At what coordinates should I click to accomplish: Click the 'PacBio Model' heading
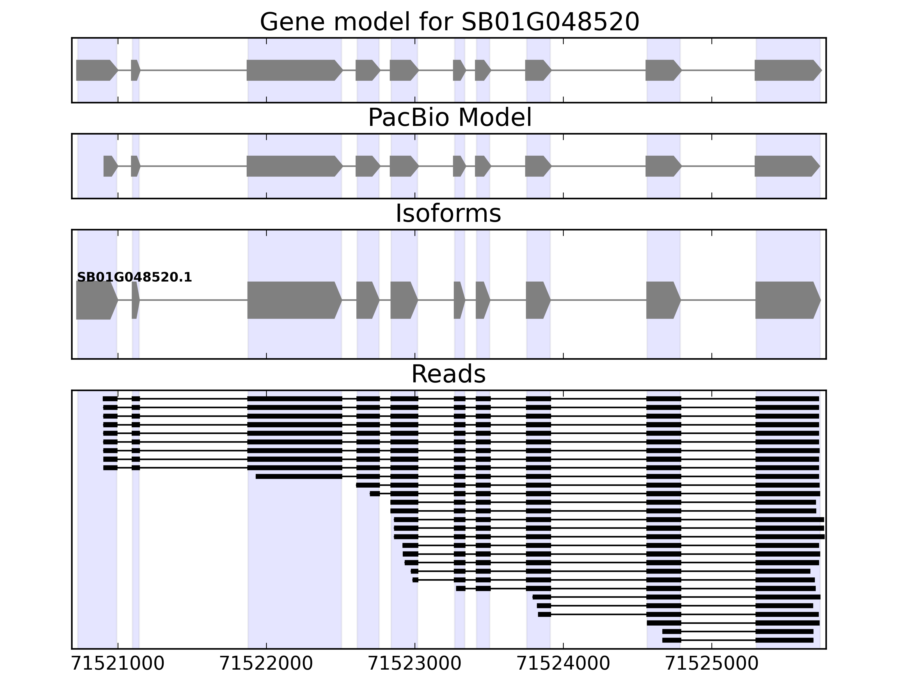click(x=449, y=118)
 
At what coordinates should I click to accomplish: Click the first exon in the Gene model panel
click(x=96, y=70)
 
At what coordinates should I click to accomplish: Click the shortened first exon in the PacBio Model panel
click(x=110, y=166)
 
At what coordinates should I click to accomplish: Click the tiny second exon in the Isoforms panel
click(x=135, y=300)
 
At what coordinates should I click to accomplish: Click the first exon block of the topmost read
click(x=110, y=399)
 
